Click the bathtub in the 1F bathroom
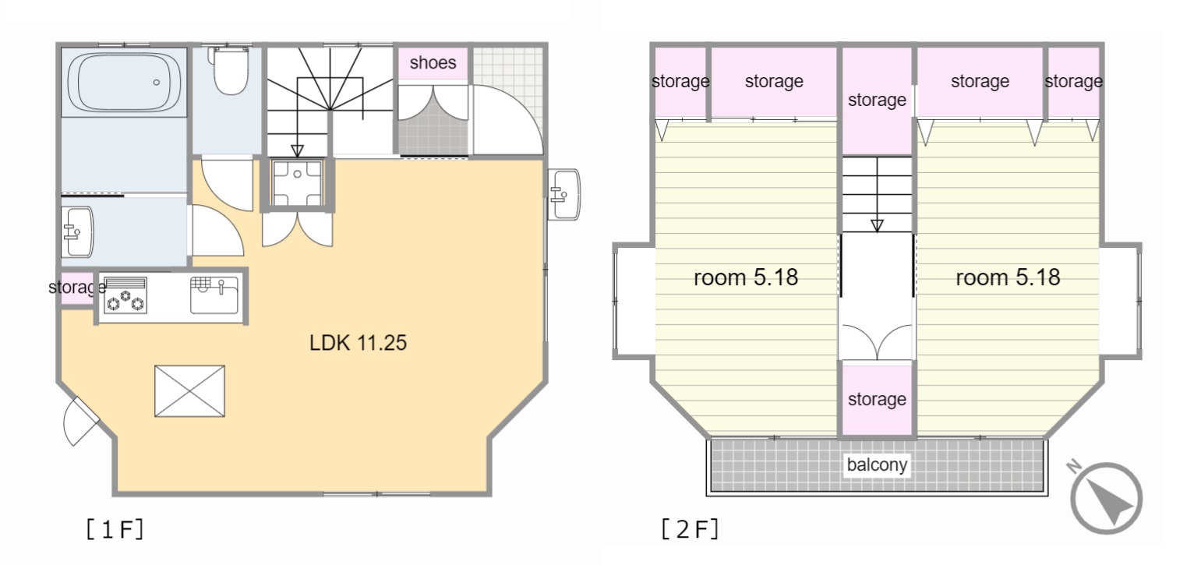124,82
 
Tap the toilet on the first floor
230,70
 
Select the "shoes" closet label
433,62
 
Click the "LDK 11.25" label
359,343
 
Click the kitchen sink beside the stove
214,295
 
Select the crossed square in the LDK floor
190,391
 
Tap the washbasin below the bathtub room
77,232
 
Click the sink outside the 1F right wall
564,194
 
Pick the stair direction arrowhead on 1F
297,150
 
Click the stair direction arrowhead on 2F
877,226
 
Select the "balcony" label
877,464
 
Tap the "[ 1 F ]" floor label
115,530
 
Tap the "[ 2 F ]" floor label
690,530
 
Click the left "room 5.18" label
746,277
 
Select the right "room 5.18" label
1008,277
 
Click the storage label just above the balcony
877,399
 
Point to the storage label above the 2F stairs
877,101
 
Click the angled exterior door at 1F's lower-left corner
80,422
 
